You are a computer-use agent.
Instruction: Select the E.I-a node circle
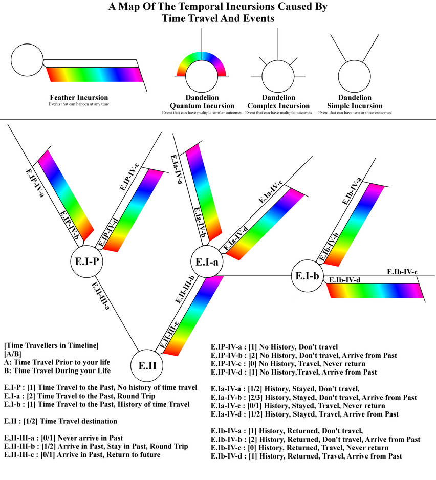207,261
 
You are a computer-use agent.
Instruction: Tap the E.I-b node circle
307,276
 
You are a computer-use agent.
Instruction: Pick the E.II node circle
150,366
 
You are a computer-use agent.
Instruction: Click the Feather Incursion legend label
79,97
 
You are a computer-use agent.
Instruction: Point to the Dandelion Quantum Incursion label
202,101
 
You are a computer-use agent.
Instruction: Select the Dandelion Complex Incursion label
278,101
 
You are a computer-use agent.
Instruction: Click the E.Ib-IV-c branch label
402,271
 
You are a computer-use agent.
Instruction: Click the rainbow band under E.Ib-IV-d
376,291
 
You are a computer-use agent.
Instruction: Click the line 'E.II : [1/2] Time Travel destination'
60,421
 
